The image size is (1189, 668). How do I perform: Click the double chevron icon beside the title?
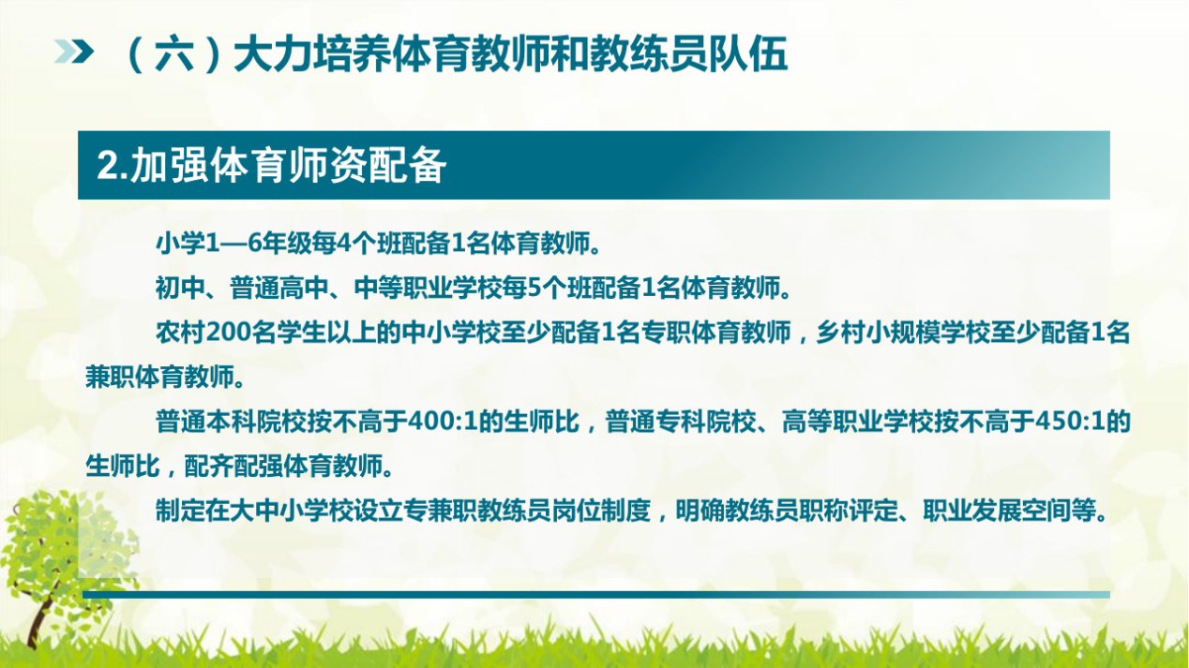76,53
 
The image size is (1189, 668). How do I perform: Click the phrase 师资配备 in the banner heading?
379,166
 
